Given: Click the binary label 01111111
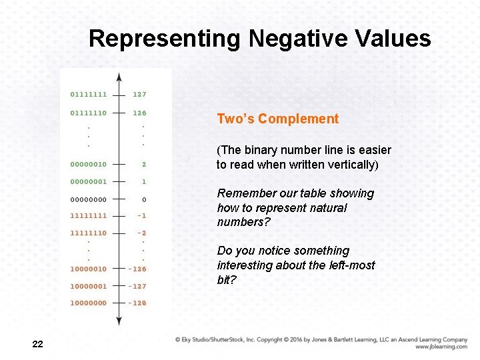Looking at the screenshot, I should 89,95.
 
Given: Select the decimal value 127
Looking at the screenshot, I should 139,95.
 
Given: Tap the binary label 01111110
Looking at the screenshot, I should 89,113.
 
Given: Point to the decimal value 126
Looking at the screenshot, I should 139,113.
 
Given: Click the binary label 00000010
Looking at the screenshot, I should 89,164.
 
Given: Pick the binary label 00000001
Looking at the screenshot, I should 89,181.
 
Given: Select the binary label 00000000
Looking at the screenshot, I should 89,199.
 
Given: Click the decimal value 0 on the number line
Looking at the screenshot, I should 144,199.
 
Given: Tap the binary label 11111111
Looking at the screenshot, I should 89,215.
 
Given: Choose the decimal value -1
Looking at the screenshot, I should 141,215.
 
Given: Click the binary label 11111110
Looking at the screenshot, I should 89,233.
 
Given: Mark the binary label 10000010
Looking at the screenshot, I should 89,269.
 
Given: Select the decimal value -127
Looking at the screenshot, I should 138,286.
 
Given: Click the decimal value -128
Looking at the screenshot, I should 138,303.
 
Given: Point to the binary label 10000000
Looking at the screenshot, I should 89,303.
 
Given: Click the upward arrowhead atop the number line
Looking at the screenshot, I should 119,77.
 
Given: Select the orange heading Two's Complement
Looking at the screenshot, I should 278,119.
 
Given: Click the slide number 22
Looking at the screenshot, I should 37,344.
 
